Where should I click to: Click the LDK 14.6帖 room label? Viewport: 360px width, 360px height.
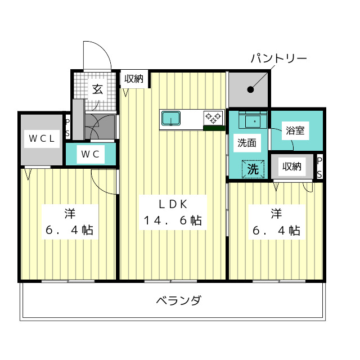click(x=173, y=213)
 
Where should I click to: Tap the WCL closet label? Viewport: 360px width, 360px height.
click(x=42, y=138)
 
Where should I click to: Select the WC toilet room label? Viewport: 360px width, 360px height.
click(x=90, y=154)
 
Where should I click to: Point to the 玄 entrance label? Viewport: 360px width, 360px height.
click(x=97, y=89)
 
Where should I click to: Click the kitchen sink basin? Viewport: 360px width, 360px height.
click(x=171, y=118)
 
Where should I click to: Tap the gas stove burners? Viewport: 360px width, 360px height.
click(x=213, y=117)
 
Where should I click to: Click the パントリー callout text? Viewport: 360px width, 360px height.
click(x=278, y=58)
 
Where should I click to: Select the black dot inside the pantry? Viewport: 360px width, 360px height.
click(x=250, y=89)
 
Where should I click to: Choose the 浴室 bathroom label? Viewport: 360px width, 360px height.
click(x=295, y=130)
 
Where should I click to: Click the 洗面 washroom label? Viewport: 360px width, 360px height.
click(x=247, y=143)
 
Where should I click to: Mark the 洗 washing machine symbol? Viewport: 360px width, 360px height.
click(x=253, y=169)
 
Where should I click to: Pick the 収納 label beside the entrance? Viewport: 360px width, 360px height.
click(x=134, y=79)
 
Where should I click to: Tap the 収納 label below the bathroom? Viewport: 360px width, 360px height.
click(x=292, y=166)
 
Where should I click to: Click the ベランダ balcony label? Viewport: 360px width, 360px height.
click(x=179, y=300)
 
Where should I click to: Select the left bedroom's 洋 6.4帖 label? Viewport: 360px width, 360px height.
click(x=70, y=222)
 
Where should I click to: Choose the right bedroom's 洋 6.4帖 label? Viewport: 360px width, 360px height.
click(x=276, y=222)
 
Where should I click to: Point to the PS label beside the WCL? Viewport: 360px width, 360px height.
click(x=67, y=128)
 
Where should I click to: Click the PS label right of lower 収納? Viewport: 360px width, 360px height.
click(x=319, y=168)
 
